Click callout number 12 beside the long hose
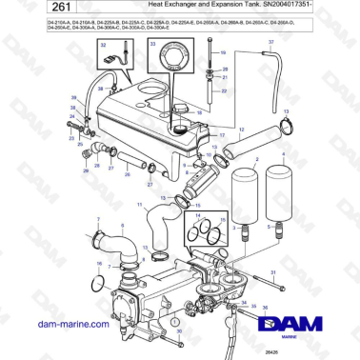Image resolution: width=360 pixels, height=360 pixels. tap(242, 129)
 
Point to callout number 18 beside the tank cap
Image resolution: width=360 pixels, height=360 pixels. tap(199, 112)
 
